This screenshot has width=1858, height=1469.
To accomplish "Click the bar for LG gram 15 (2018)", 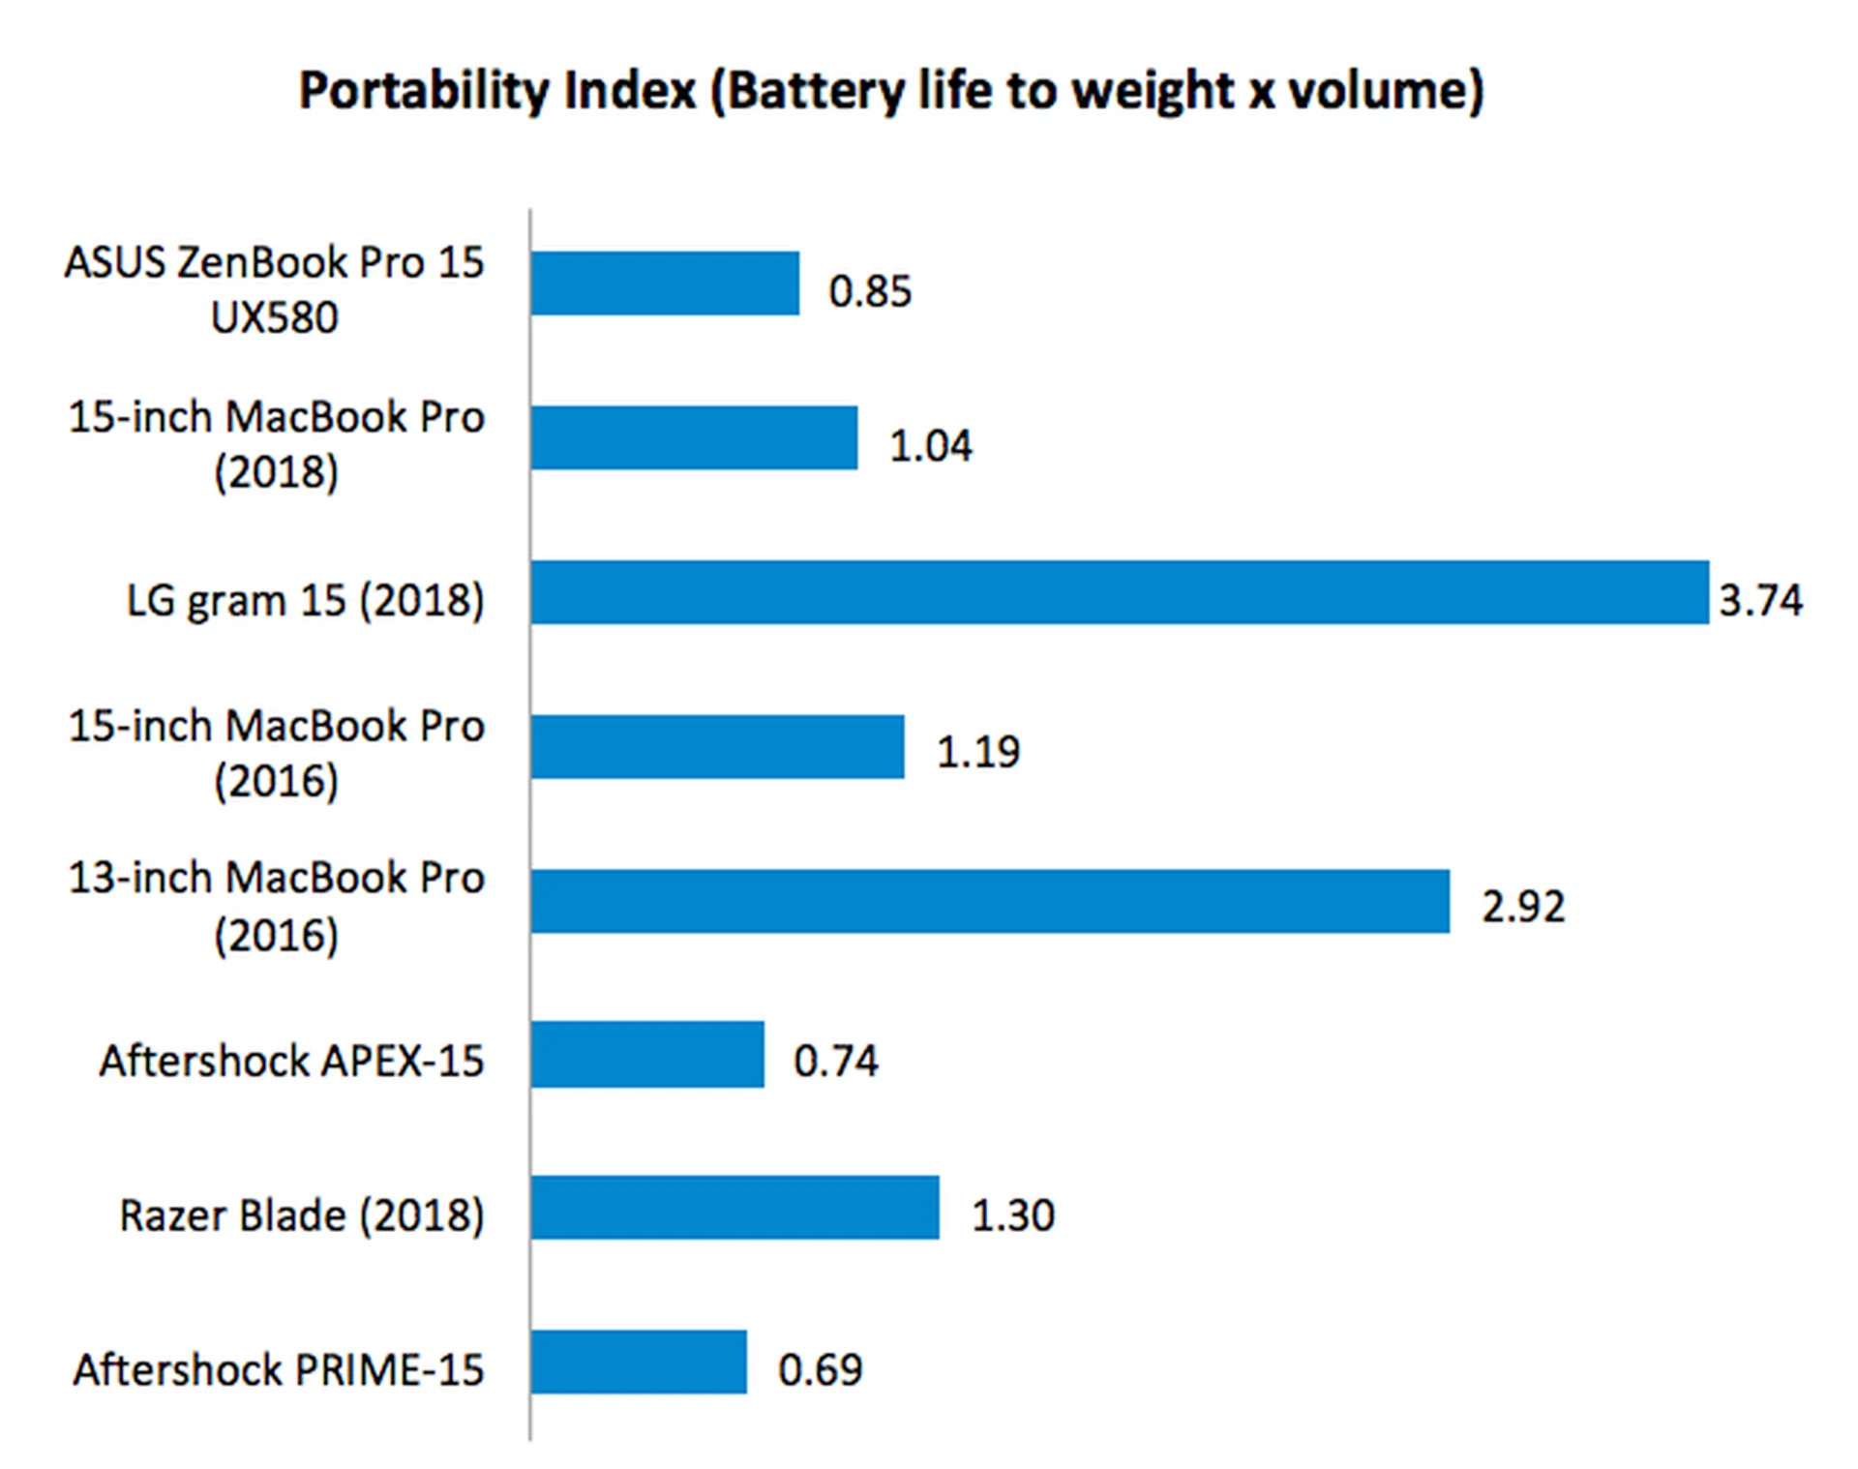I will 1120,592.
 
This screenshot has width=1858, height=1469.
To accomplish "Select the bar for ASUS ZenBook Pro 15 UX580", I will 666,284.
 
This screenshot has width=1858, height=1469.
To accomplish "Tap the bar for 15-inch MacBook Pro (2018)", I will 694,437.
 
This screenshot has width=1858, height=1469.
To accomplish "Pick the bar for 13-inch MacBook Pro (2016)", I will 990,901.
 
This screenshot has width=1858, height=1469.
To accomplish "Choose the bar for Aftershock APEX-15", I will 647,1055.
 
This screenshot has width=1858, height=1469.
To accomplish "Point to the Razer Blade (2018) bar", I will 734,1208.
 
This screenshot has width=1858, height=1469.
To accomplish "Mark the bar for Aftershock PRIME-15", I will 639,1362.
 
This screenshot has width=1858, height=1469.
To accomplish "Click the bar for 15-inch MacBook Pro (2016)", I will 717,746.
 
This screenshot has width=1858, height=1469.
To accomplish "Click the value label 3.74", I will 1760,600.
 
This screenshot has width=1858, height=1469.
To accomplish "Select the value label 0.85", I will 870,291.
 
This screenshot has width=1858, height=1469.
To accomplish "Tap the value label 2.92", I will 1523,907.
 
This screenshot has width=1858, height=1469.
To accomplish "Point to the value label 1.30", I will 1012,1215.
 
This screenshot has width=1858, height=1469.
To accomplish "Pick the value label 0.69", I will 820,1369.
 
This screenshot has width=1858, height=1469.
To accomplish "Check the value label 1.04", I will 930,446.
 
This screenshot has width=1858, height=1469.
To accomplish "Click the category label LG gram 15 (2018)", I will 305,601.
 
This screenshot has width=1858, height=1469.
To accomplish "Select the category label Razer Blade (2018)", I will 301,1215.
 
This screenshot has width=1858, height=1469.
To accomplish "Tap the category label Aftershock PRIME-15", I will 279,1369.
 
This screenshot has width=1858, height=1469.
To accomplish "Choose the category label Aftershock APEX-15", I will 291,1061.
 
